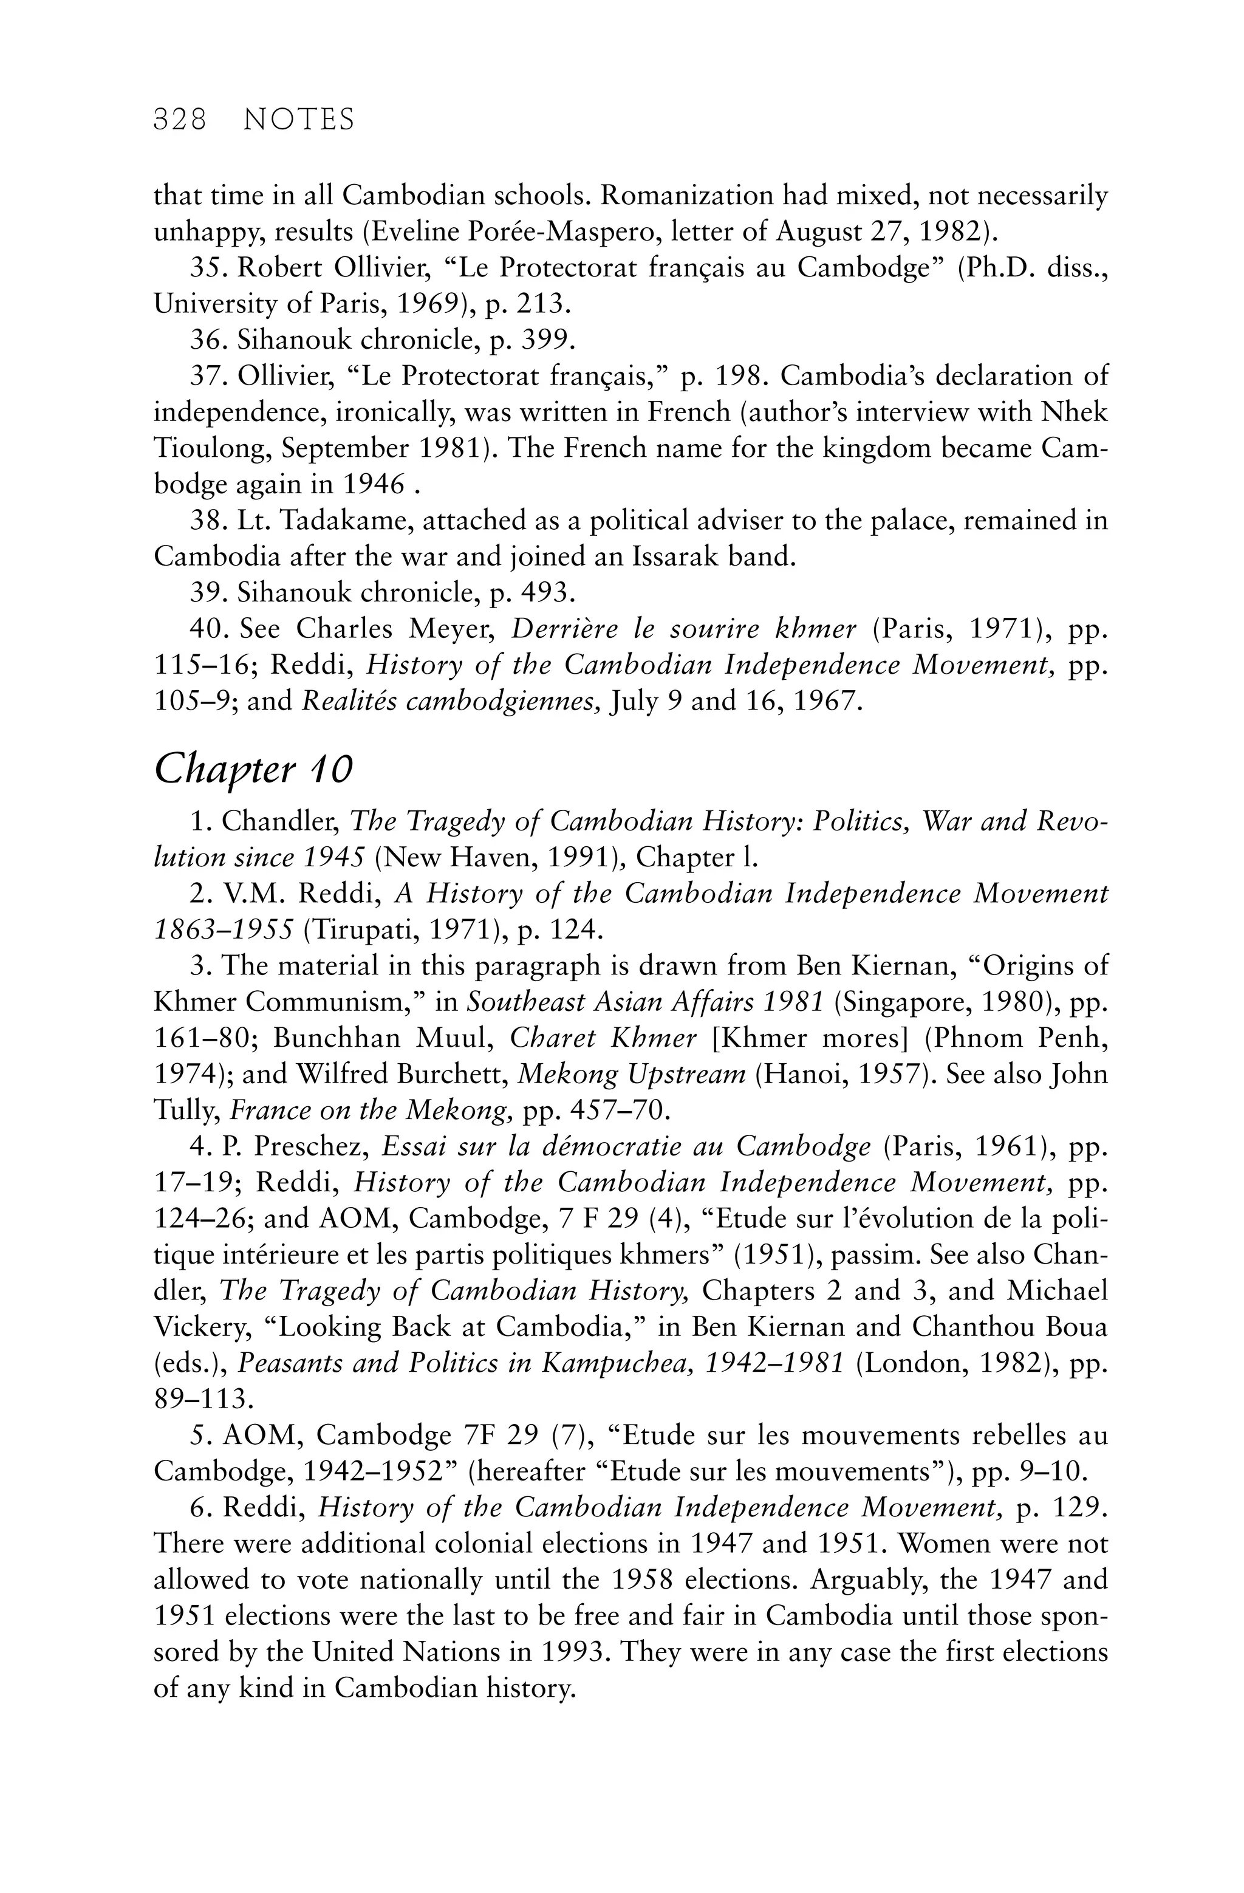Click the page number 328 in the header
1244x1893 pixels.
[180, 120]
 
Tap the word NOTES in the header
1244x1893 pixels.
[298, 120]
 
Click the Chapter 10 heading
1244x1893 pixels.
[253, 769]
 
